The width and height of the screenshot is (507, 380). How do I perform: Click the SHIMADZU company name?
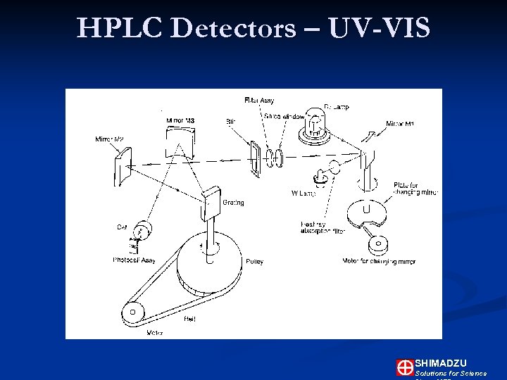[x=440, y=362]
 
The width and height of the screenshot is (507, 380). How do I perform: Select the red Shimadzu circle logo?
[x=404, y=367]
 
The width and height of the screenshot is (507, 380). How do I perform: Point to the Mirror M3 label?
[x=180, y=120]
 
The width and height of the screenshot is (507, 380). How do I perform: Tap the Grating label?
[x=233, y=203]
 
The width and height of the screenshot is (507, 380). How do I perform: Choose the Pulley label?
[x=254, y=262]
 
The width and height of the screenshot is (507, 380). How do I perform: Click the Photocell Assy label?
[x=134, y=260]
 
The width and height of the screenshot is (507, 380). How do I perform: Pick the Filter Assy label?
[x=258, y=101]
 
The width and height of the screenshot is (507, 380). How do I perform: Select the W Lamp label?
[x=303, y=194]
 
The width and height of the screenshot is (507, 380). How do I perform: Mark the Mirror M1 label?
[x=399, y=124]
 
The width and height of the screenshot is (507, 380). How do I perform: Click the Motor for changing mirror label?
[x=378, y=261]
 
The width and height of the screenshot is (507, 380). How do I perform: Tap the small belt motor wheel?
[x=132, y=312]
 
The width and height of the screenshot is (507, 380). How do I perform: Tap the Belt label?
[x=189, y=319]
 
